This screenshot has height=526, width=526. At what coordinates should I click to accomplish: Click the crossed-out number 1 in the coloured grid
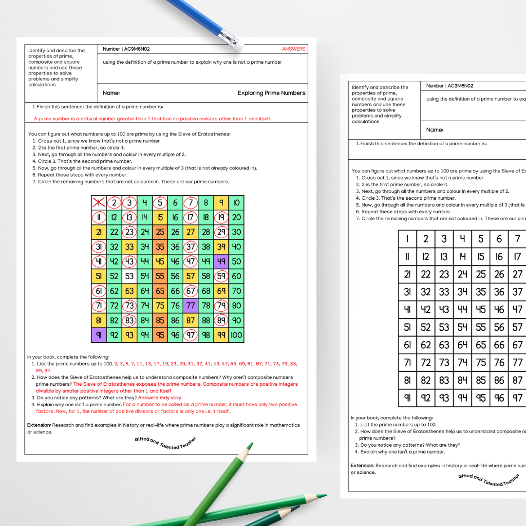(x=99, y=203)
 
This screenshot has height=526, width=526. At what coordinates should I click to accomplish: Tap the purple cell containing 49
(x=221, y=262)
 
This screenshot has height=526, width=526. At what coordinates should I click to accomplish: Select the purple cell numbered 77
(x=190, y=306)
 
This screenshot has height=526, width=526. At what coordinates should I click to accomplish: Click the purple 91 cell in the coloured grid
(x=99, y=335)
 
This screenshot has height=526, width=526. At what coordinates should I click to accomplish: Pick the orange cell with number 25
(x=160, y=232)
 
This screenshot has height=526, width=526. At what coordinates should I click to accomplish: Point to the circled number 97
(x=190, y=335)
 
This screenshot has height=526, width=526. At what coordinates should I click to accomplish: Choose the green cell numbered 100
(x=236, y=335)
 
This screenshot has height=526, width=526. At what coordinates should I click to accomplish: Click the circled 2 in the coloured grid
(x=114, y=203)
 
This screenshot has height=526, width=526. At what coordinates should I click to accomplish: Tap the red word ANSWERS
(x=294, y=49)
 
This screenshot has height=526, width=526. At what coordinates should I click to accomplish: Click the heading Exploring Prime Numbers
(x=271, y=93)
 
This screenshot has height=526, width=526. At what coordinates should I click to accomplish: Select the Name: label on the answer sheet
(x=111, y=93)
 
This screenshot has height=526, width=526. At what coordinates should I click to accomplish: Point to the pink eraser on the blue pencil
(x=234, y=43)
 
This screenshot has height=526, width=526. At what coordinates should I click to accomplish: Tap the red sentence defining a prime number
(x=152, y=119)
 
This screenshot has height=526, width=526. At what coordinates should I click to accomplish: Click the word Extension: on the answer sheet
(x=39, y=425)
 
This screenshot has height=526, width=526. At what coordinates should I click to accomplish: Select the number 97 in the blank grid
(x=517, y=398)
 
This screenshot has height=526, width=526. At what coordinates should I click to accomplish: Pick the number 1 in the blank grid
(x=407, y=239)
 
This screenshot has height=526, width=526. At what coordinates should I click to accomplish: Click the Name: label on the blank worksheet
(x=434, y=130)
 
